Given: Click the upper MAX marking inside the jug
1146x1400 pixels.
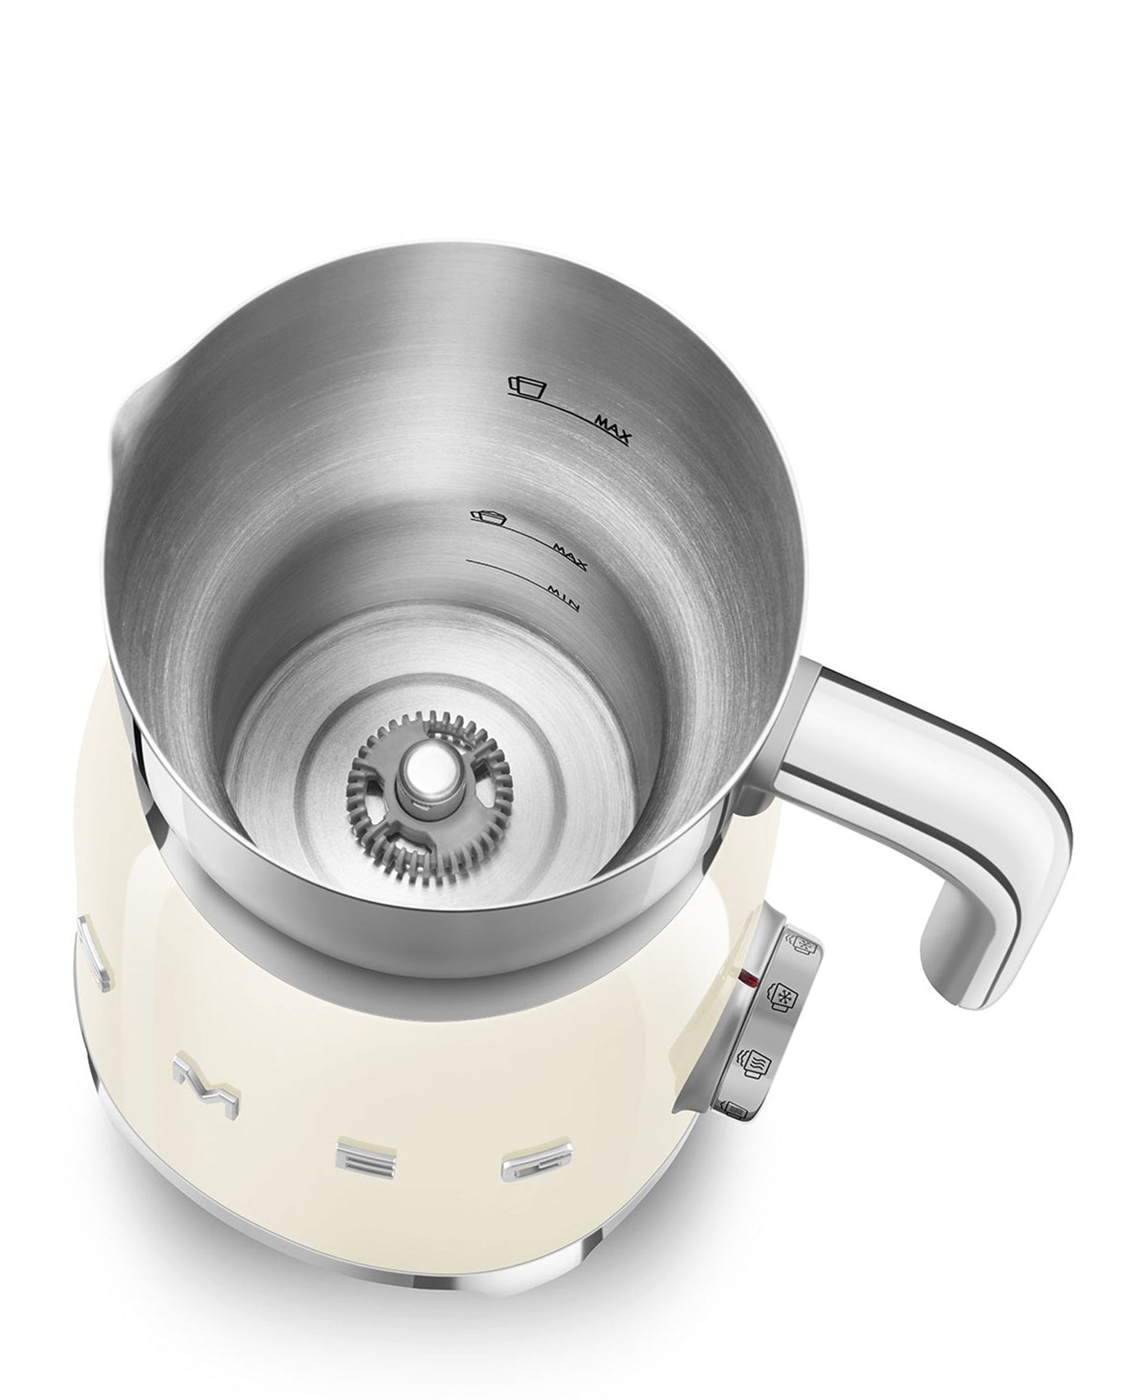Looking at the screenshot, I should coord(612,429).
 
